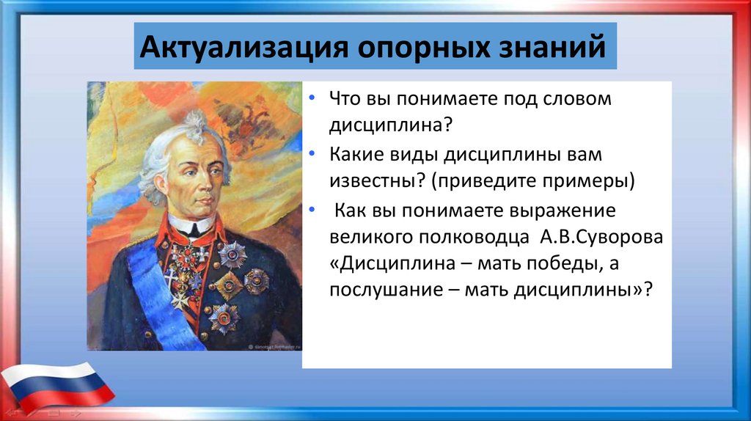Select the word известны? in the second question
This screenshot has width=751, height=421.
378,181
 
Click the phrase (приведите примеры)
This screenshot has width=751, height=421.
533,181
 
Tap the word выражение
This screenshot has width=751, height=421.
563,211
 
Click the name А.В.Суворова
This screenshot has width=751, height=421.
601,237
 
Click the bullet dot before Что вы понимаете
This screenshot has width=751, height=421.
312,98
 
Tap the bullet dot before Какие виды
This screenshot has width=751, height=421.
312,153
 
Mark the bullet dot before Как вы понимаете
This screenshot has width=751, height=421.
312,209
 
